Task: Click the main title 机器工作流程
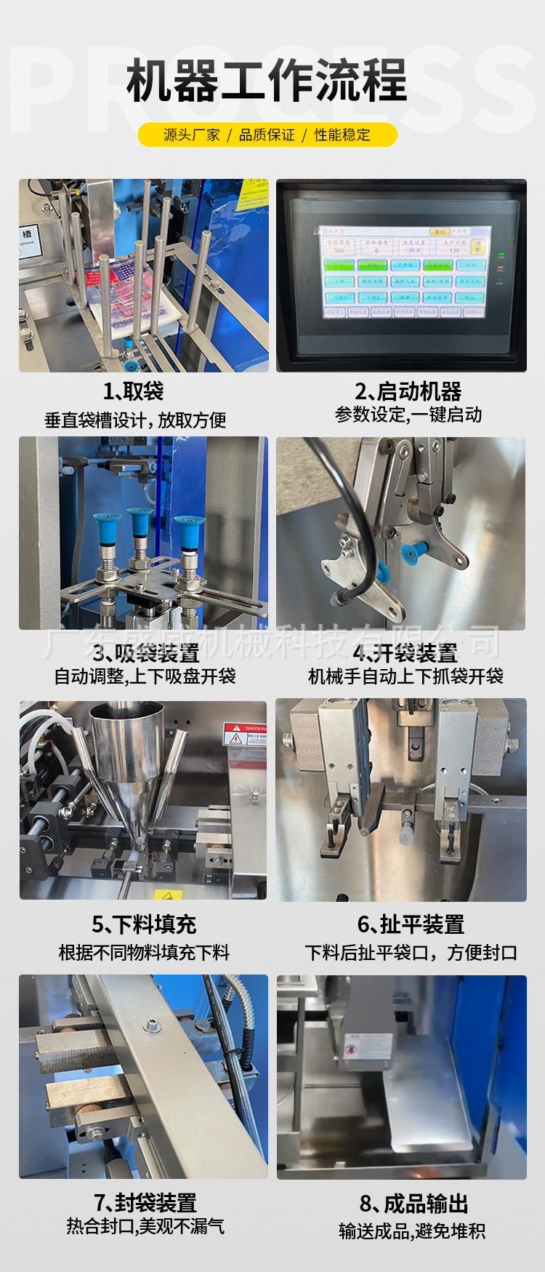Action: (267, 81)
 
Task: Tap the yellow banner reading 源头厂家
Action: (191, 135)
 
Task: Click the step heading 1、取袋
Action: (133, 391)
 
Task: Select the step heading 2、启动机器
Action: (408, 391)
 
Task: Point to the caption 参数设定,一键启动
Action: (408, 415)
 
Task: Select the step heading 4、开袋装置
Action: (405, 653)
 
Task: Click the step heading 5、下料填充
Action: (144, 924)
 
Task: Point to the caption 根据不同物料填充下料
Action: (144, 952)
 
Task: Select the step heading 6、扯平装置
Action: (411, 924)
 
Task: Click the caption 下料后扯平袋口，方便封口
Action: (411, 952)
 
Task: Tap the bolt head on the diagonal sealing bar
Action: (152, 1026)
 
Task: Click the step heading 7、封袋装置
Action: (145, 1202)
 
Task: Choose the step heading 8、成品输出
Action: (413, 1204)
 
